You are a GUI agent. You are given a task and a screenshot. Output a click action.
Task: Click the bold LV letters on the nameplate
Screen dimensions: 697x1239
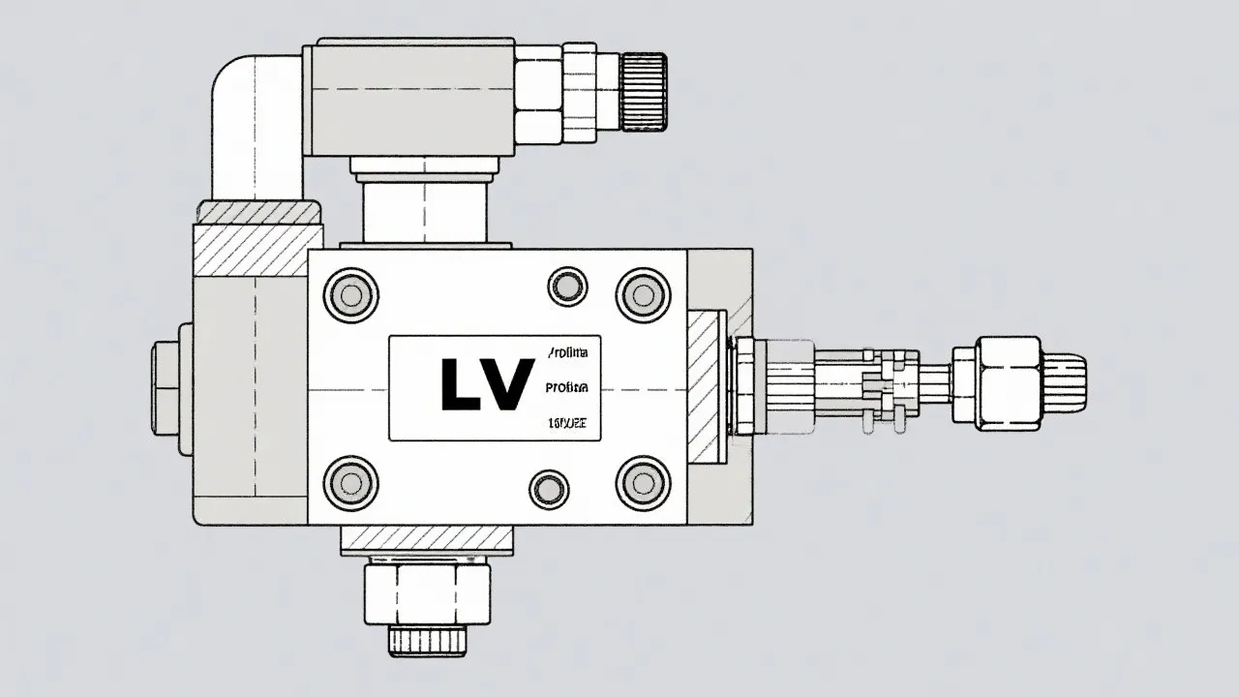(487, 384)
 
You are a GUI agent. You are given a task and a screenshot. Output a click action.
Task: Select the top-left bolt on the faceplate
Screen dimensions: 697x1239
(350, 293)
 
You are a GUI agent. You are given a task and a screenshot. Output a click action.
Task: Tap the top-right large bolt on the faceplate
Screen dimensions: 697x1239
(643, 293)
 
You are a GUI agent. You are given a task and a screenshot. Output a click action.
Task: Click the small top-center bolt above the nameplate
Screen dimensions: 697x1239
(567, 287)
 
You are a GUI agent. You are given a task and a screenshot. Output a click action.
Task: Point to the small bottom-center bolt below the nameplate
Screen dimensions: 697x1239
(550, 489)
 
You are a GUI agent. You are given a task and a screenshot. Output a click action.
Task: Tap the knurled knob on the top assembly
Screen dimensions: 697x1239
(643, 92)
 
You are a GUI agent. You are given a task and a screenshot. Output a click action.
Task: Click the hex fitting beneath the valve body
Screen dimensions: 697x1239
(426, 593)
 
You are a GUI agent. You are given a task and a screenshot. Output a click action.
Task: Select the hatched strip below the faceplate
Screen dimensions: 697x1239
(426, 538)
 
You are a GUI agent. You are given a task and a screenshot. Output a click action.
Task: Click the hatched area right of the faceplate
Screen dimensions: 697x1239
(707, 387)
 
